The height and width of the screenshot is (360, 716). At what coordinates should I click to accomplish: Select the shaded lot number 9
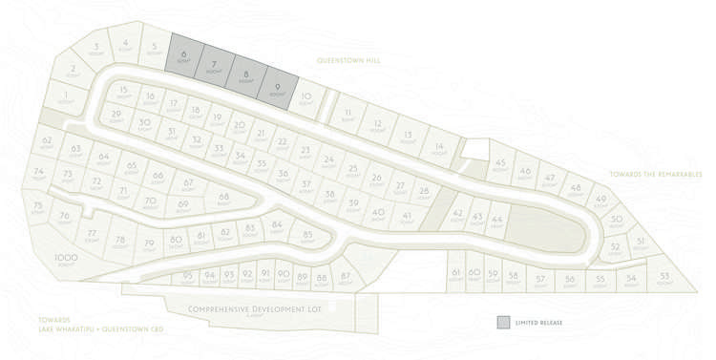click(x=275, y=86)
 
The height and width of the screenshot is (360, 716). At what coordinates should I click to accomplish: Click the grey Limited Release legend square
click(x=503, y=323)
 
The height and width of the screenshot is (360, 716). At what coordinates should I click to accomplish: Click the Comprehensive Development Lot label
click(x=247, y=307)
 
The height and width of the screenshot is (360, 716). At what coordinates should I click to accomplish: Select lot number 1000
click(x=66, y=258)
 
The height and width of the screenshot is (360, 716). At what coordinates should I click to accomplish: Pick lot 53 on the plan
click(x=664, y=276)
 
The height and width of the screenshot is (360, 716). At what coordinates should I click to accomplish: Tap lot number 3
click(x=96, y=48)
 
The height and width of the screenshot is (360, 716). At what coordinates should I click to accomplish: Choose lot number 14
click(x=438, y=147)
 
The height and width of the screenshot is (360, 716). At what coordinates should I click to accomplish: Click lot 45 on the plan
click(x=500, y=165)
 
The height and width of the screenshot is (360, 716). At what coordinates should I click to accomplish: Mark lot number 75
click(x=38, y=206)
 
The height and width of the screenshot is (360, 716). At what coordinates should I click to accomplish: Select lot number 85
click(x=307, y=235)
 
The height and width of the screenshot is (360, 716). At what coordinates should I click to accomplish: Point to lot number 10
click(x=305, y=97)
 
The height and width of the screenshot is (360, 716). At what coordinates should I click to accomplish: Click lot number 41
click(x=407, y=218)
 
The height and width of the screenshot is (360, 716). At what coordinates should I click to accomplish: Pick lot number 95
click(x=187, y=277)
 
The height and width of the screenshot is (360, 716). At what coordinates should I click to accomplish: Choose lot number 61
click(x=456, y=274)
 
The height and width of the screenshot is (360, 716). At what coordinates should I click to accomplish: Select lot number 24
click(x=328, y=160)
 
